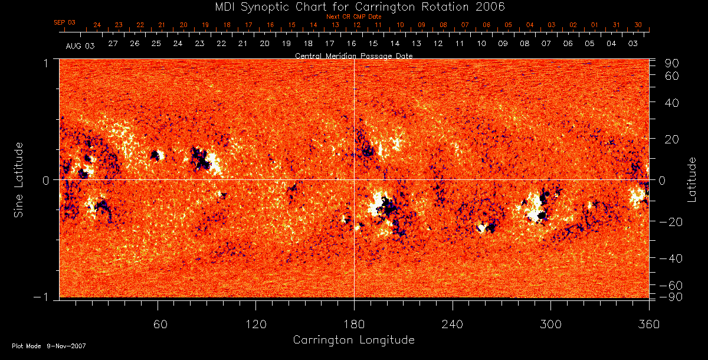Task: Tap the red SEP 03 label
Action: [x=65, y=22]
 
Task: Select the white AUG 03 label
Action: [x=80, y=45]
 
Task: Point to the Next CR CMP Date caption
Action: [x=354, y=17]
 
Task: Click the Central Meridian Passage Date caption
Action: [x=354, y=55]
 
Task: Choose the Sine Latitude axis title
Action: [x=19, y=179]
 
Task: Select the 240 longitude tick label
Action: [x=453, y=324]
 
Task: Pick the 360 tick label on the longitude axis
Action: [x=649, y=324]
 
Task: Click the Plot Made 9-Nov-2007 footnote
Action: [x=49, y=346]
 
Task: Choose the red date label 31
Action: [x=616, y=25]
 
